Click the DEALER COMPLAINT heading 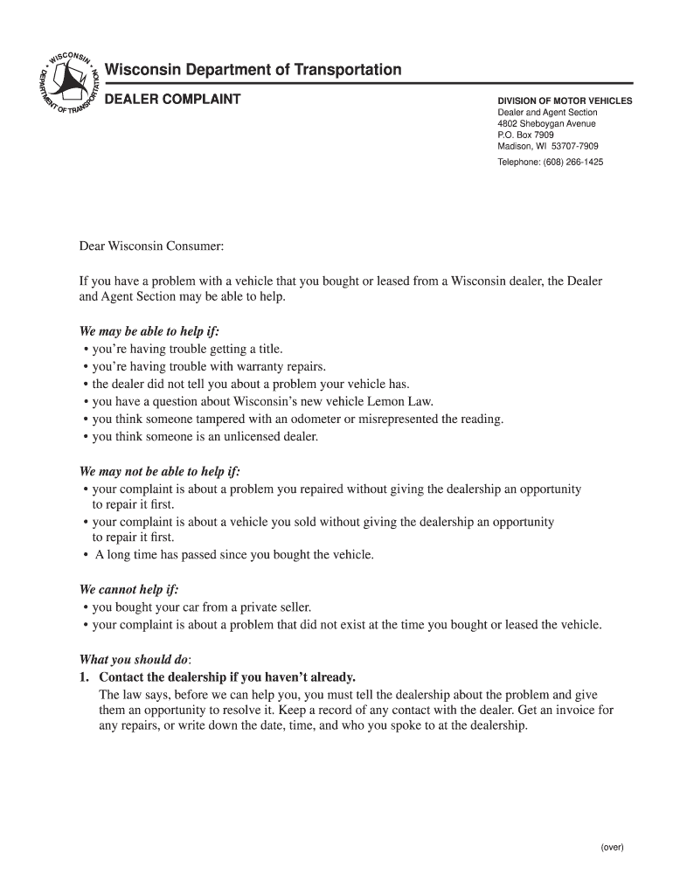tap(172, 99)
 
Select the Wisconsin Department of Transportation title tap(253, 70)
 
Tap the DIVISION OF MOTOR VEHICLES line tap(565, 101)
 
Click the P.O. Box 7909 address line tap(525, 135)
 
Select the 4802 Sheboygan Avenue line tap(546, 124)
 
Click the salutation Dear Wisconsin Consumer tap(152, 247)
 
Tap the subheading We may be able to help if tap(149, 332)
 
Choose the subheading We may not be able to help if tap(159, 472)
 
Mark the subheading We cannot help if tap(128, 589)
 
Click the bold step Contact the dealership tap(227, 676)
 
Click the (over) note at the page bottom tap(612, 847)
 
